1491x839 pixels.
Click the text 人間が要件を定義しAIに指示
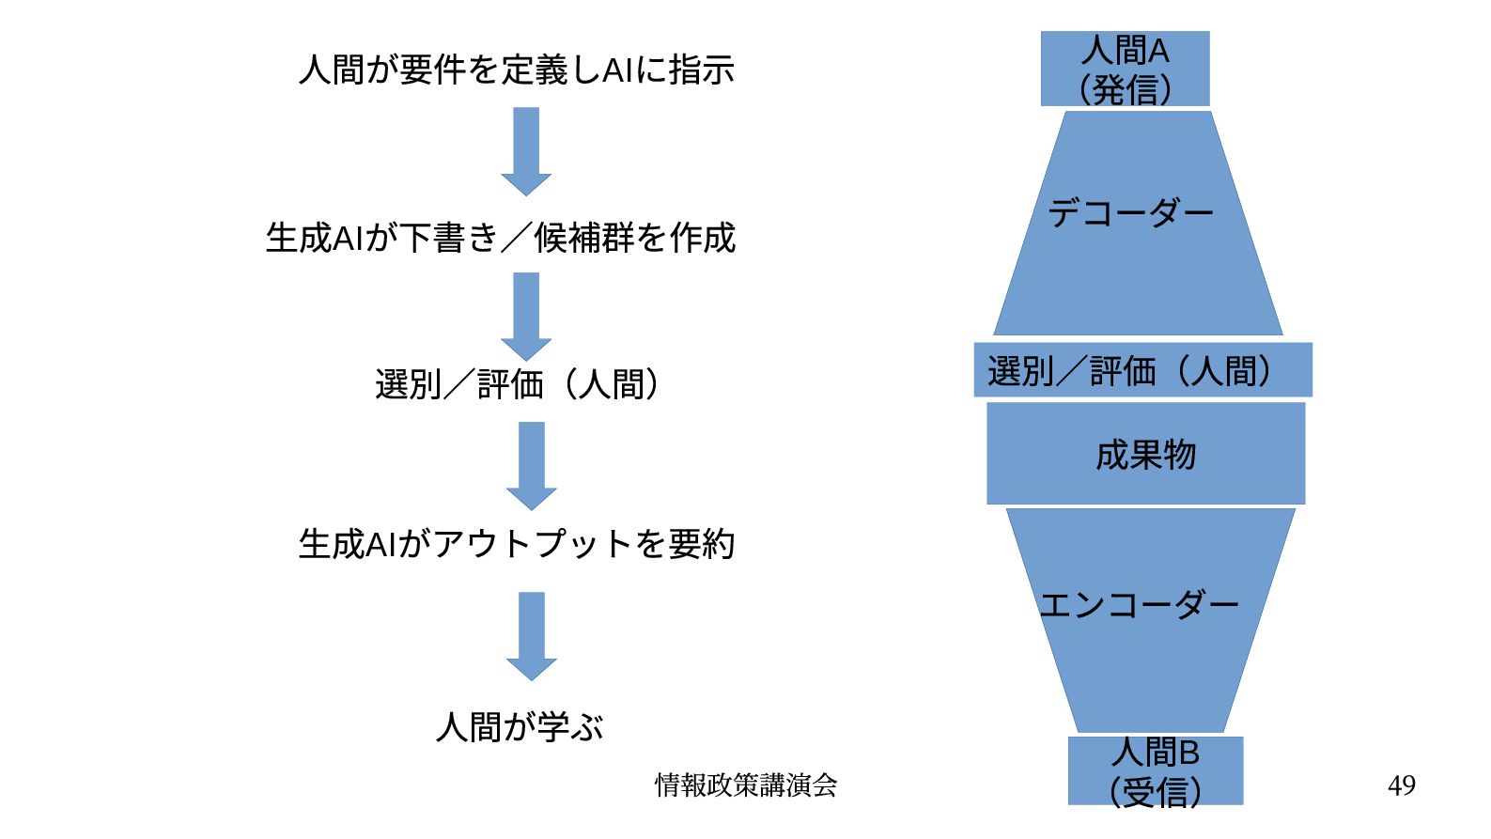pyautogui.click(x=516, y=70)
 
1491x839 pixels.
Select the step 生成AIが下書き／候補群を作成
pyautogui.click(x=500, y=238)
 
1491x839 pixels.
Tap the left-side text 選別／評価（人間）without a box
pyautogui.click(x=518, y=384)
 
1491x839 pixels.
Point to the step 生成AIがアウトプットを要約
pyautogui.click(x=516, y=544)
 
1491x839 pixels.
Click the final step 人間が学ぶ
pyautogui.click(x=520, y=726)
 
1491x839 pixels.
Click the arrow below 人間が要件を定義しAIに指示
pyautogui.click(x=526, y=150)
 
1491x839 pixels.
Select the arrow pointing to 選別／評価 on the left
pyautogui.click(x=526, y=316)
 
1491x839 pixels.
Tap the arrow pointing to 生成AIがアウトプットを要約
pyautogui.click(x=532, y=465)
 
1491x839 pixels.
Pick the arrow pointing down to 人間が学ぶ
pyautogui.click(x=532, y=635)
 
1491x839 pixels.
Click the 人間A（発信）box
pyautogui.click(x=1125, y=69)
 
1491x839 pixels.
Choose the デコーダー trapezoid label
pyautogui.click(x=1131, y=213)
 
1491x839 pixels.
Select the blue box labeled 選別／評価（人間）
pyautogui.click(x=1142, y=370)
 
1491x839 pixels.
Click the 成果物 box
pyautogui.click(x=1145, y=455)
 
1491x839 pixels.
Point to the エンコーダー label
pyautogui.click(x=1139, y=605)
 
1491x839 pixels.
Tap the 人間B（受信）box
pyautogui.click(x=1155, y=771)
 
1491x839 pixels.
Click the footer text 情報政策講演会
pyautogui.click(x=746, y=785)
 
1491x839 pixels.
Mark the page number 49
pyautogui.click(x=1401, y=785)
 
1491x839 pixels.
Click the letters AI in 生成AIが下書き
pyautogui.click(x=348, y=239)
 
